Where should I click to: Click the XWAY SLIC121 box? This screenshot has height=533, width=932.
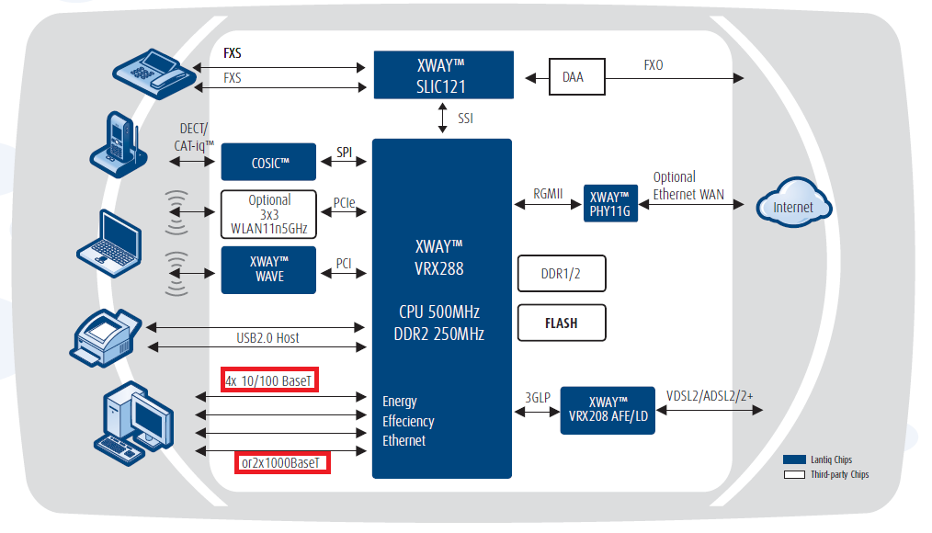[x=442, y=74]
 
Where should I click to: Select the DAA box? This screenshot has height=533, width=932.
[x=573, y=77]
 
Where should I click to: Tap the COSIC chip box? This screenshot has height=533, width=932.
[x=268, y=162]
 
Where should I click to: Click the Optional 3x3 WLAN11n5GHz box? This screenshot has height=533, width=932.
[x=268, y=213]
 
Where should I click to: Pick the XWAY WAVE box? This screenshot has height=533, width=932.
[x=268, y=269]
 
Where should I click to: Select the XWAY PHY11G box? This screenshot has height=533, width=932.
[x=610, y=204]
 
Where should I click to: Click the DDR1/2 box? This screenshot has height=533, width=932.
[x=562, y=273]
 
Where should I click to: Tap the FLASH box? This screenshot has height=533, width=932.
[x=562, y=323]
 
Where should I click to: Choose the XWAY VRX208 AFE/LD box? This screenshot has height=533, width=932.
[x=607, y=410]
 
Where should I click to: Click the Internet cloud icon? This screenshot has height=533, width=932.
[x=792, y=207]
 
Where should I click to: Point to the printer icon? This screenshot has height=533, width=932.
[x=108, y=335]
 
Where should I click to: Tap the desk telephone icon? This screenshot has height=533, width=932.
[x=152, y=70]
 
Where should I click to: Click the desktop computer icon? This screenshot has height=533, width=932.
[x=133, y=418]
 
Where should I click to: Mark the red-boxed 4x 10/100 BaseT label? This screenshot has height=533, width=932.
[x=270, y=380]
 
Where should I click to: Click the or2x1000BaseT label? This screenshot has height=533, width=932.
[x=281, y=462]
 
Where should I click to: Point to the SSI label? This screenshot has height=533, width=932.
[x=466, y=119]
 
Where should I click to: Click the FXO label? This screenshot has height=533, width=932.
[x=654, y=65]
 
